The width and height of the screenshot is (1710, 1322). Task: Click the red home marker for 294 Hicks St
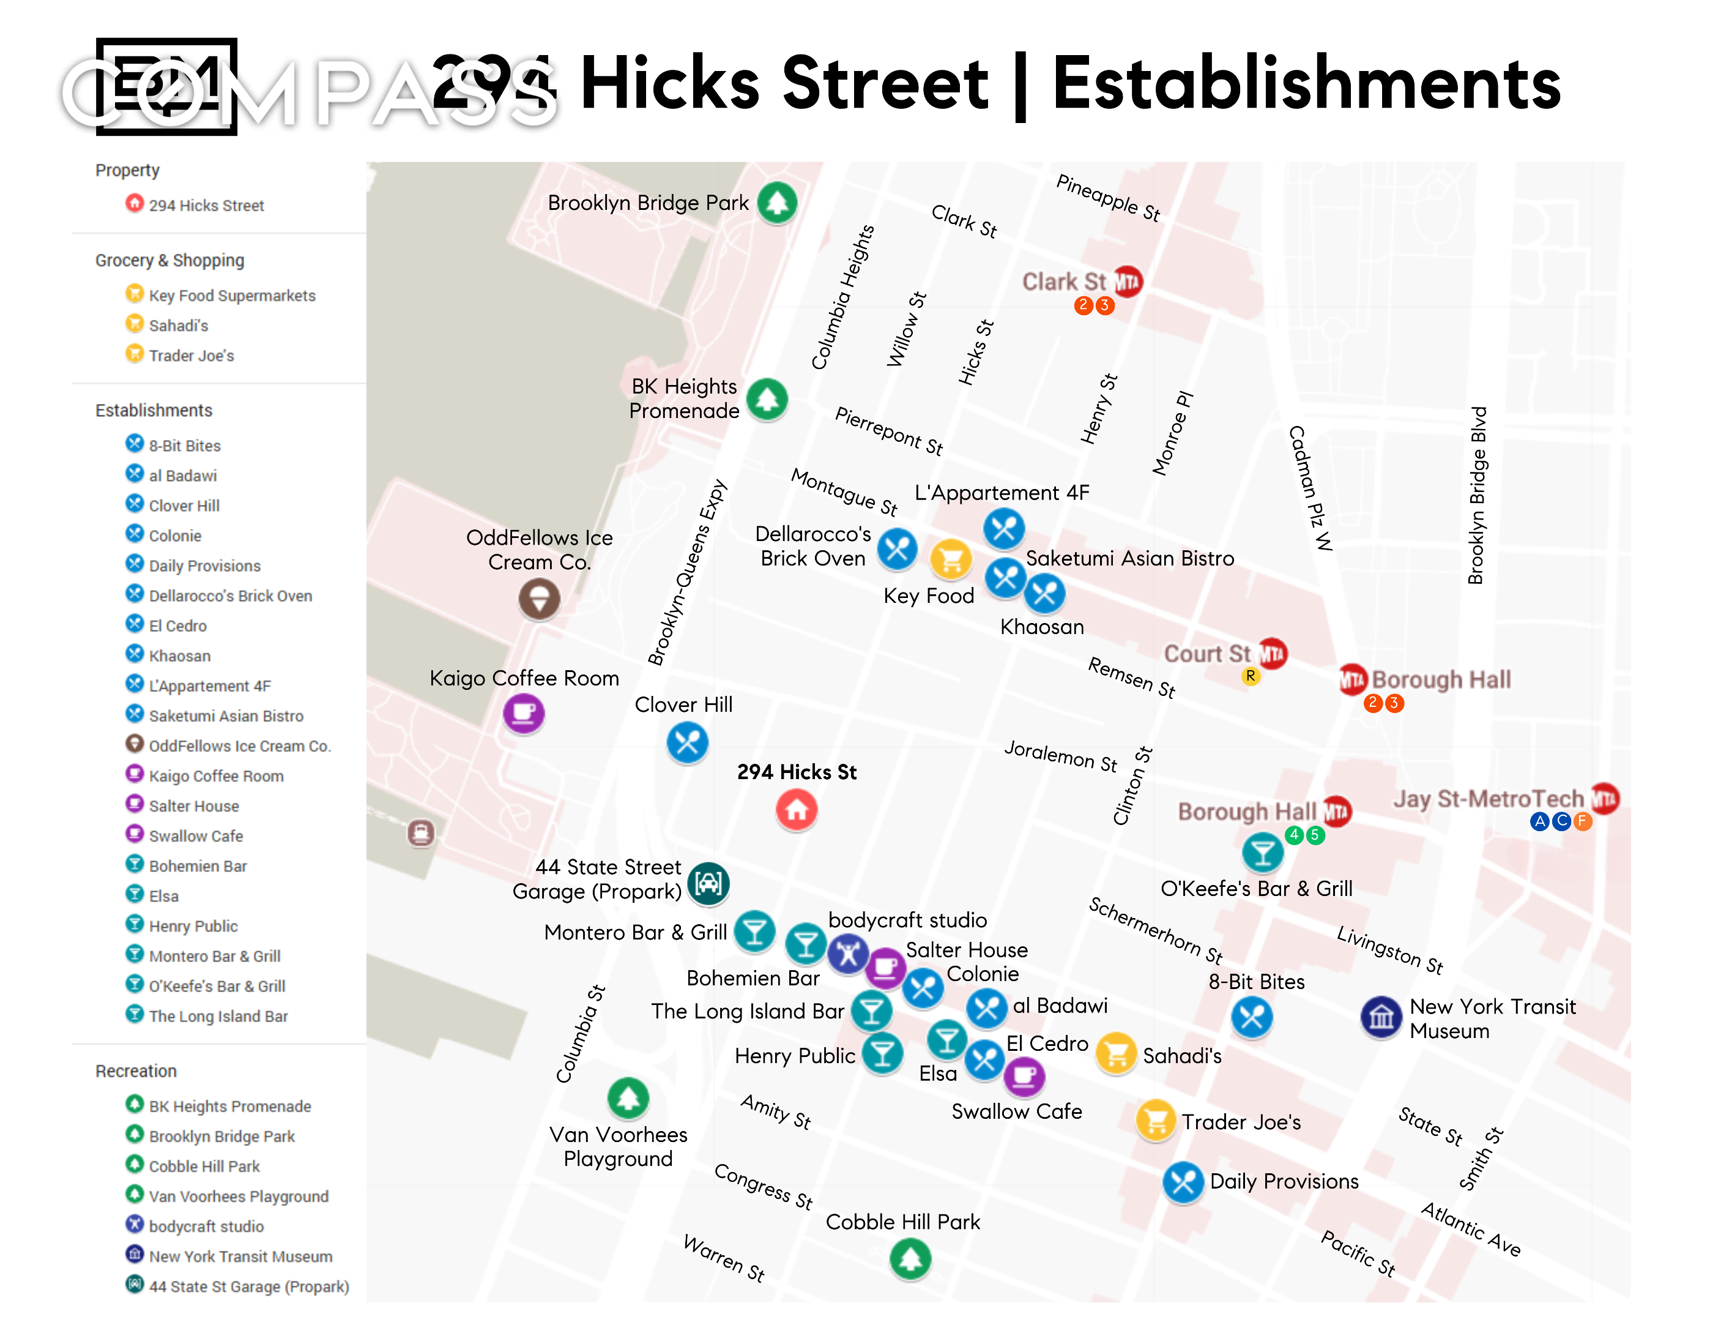pyautogui.click(x=797, y=809)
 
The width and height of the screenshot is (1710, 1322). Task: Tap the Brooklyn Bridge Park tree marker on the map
pyautogui.click(x=777, y=203)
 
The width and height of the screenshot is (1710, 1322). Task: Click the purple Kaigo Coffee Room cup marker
pyautogui.click(x=523, y=712)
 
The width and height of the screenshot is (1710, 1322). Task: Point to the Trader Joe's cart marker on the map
pyautogui.click(x=1155, y=1121)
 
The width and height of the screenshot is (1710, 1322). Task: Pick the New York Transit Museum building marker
pyautogui.click(x=1381, y=1017)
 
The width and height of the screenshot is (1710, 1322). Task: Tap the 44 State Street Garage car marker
pyautogui.click(x=708, y=883)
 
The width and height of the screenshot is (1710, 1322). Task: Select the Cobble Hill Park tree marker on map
pyautogui.click(x=910, y=1258)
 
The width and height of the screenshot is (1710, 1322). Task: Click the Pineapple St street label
pyautogui.click(x=1108, y=197)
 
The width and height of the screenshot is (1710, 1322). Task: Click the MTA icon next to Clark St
pyautogui.click(x=1128, y=281)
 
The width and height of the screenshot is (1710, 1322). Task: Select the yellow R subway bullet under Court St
pyautogui.click(x=1251, y=676)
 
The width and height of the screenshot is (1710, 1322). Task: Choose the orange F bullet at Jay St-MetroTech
pyautogui.click(x=1582, y=821)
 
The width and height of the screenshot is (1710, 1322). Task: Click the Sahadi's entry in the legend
pyautogui.click(x=179, y=325)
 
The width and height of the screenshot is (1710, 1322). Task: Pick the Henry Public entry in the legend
pyautogui.click(x=193, y=926)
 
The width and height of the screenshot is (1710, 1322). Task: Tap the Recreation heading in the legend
pyautogui.click(x=136, y=1070)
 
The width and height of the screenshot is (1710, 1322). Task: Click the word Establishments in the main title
pyautogui.click(x=1307, y=84)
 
